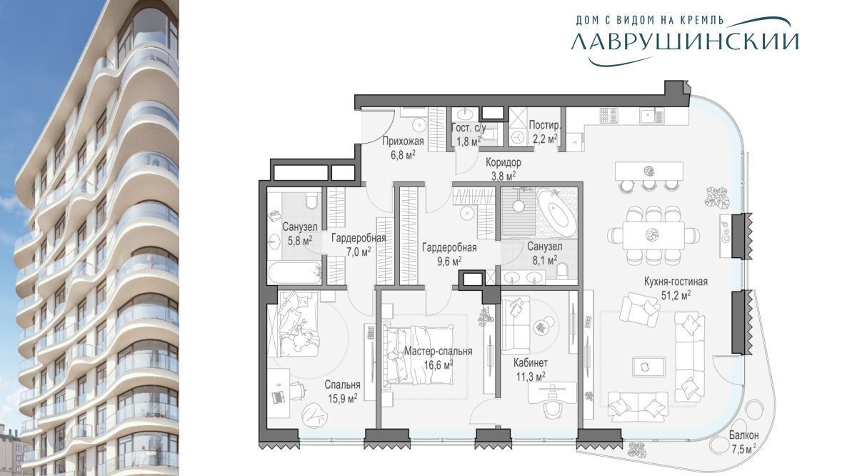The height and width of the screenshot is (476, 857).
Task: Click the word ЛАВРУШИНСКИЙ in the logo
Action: tap(685, 41)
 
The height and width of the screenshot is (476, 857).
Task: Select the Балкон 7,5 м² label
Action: tap(743, 442)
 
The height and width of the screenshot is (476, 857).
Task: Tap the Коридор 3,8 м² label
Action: tap(503, 169)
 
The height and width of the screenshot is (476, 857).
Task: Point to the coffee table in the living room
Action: tap(648, 367)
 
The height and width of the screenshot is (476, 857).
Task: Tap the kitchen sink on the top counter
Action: tap(651, 116)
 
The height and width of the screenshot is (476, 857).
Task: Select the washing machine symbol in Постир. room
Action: tap(518, 137)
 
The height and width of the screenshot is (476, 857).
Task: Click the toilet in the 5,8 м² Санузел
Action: tap(312, 201)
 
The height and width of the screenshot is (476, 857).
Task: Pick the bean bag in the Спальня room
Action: tap(315, 415)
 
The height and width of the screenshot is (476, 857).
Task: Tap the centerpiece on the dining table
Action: tap(652, 234)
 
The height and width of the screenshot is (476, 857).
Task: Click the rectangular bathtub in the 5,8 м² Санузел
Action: tap(294, 272)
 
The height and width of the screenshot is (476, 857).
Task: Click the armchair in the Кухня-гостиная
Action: tap(639, 309)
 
